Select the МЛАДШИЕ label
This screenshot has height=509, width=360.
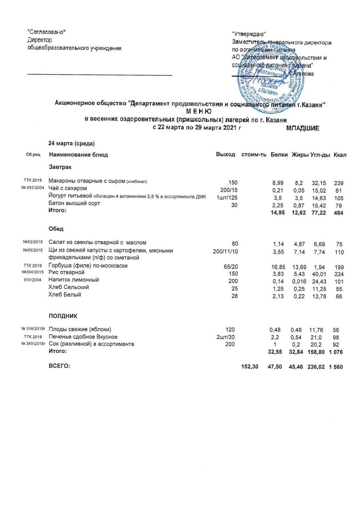click(x=303, y=128)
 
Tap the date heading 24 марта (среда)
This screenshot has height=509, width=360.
click(x=72, y=143)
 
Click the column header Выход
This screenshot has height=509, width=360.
click(x=225, y=155)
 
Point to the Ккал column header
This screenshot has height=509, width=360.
click(x=340, y=155)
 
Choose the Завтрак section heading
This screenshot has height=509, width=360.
click(x=60, y=168)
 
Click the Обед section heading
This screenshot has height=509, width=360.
click(x=56, y=229)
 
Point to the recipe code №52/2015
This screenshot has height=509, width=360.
click(x=31, y=243)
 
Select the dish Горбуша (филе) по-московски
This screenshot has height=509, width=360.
click(x=88, y=266)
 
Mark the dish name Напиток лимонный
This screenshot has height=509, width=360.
click(x=74, y=280)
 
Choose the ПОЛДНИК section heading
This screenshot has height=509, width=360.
click(x=63, y=316)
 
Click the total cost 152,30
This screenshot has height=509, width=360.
click(x=249, y=366)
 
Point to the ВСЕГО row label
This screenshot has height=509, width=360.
click(x=59, y=366)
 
